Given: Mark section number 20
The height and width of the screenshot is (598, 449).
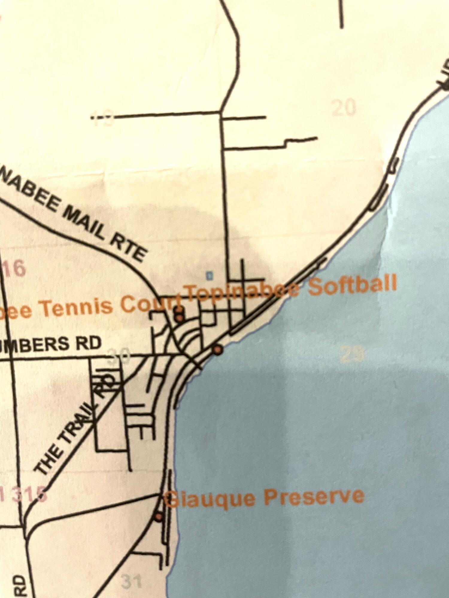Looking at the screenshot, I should coord(344,108).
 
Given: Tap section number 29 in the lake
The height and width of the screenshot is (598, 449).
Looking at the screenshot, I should coord(352,354).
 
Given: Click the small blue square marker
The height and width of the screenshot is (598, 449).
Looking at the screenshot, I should coord(210,275).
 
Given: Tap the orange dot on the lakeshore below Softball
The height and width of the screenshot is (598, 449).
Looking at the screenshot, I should coord(218,349).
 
